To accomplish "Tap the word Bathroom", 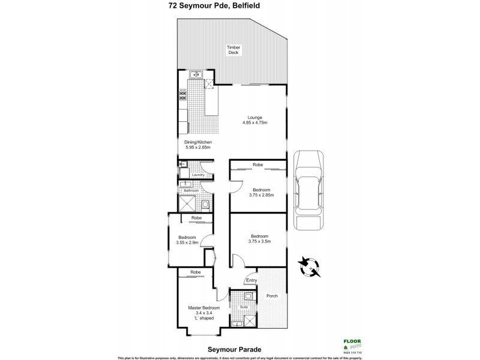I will pyautogui.click(x=191, y=191).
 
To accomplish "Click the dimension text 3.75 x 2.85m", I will pyautogui.click(x=261, y=194).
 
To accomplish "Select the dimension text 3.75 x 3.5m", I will pyautogui.click(x=260, y=241).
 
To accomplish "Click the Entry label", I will pyautogui.click(x=251, y=280).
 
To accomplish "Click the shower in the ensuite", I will pyautogui.click(x=249, y=319).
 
